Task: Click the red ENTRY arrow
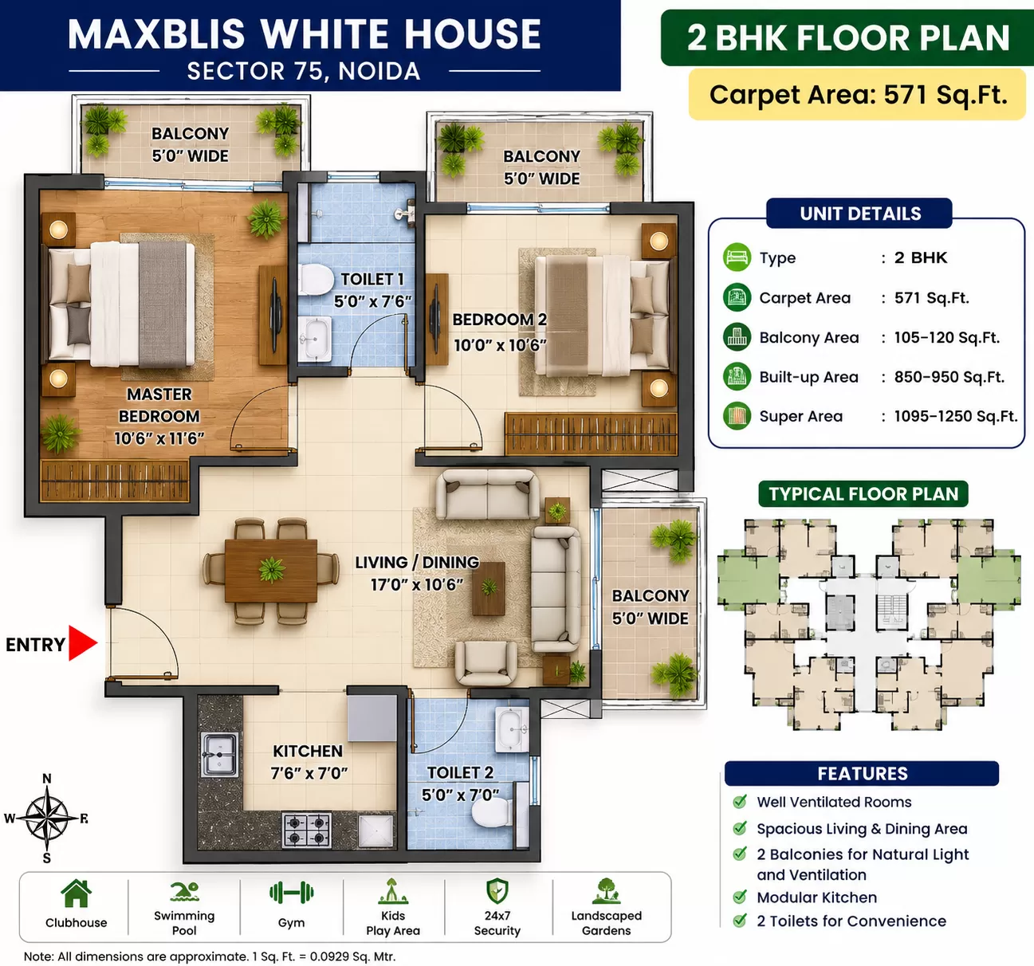[82, 643]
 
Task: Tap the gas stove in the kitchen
[307, 830]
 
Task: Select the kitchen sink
[220, 755]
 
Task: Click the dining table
[271, 571]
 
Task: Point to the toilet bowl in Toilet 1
[315, 279]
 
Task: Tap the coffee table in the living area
[489, 588]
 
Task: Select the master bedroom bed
[122, 304]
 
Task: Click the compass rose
[47, 818]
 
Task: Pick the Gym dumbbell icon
[292, 893]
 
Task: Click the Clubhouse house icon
[76, 893]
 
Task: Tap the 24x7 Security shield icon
[497, 892]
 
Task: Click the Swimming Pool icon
[184, 892]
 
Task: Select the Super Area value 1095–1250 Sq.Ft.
[955, 416]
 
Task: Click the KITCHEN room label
[308, 751]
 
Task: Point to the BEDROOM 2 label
[499, 320]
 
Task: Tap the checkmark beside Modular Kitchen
[739, 897]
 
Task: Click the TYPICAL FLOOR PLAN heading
[863, 493]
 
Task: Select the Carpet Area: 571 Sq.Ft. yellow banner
[858, 95]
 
